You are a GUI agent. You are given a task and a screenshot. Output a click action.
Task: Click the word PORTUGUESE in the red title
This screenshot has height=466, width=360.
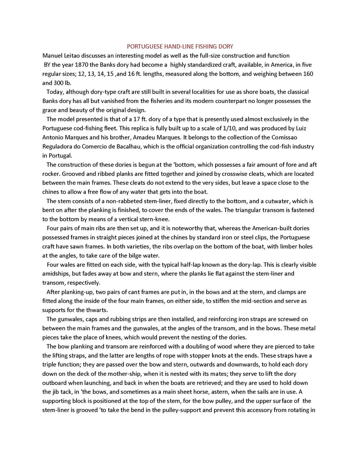point(143,47)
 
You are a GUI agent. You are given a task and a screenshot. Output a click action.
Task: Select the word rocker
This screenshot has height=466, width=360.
point(51,174)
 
